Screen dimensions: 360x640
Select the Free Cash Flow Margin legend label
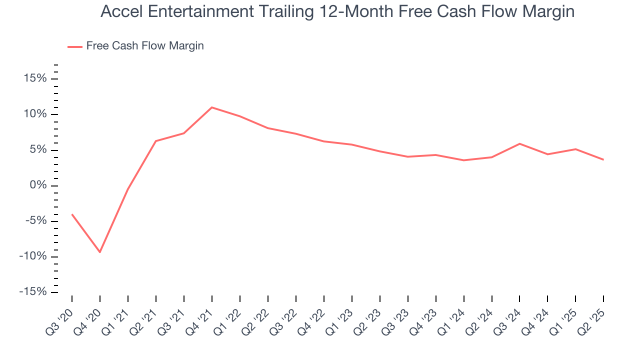(145, 46)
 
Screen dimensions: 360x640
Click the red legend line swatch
(75, 46)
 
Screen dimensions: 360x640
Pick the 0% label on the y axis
(38, 185)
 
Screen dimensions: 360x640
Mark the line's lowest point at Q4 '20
(100, 252)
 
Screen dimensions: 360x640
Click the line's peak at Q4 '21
(212, 107)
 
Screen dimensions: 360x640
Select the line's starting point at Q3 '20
(72, 214)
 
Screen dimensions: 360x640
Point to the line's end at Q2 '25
(603, 160)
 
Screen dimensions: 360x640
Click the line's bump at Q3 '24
(520, 144)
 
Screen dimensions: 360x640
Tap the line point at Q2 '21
(156, 141)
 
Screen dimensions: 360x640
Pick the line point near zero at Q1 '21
(128, 189)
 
